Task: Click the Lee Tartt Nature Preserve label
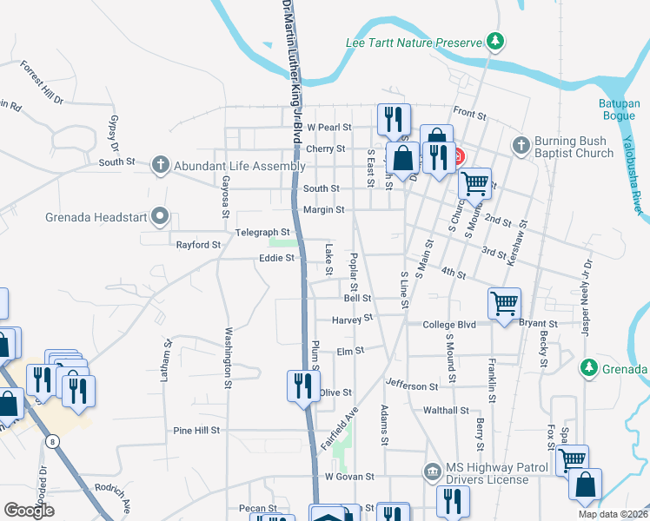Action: pos(413,42)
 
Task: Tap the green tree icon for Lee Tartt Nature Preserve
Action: pos(495,41)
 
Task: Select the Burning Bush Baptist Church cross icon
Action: pos(521,145)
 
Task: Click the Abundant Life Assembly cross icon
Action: pos(159,164)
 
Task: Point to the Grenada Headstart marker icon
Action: pos(159,215)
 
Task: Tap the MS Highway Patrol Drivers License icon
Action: pos(432,472)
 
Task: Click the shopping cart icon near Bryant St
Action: pos(504,303)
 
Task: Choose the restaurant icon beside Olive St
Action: pos(302,384)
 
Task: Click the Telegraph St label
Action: pos(262,232)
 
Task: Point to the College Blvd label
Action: pos(449,325)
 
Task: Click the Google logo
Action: pos(30,511)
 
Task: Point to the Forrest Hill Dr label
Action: pos(43,82)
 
